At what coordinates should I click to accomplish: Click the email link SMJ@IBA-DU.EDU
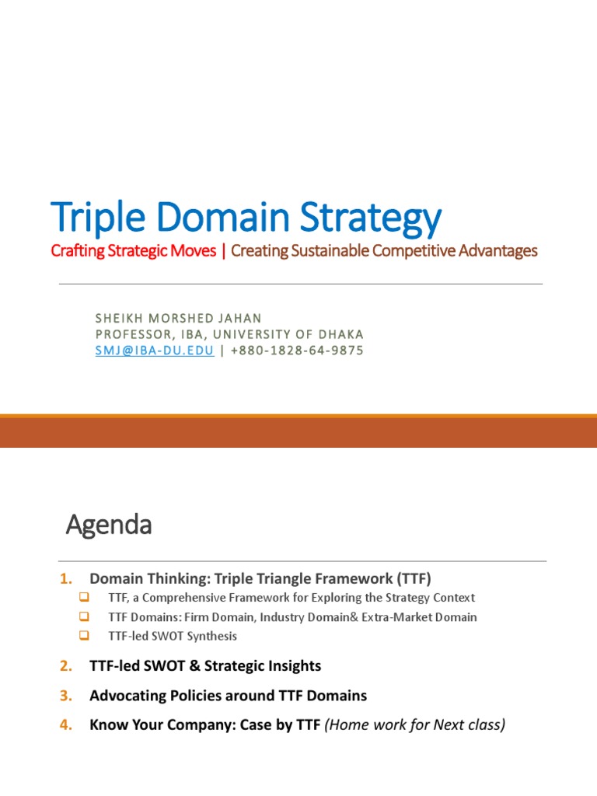coord(155,351)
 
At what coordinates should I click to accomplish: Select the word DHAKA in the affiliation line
coord(340,334)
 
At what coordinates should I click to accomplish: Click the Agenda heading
coord(108,525)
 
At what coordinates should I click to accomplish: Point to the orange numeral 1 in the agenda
coord(65,578)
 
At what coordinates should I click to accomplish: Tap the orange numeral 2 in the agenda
coord(65,666)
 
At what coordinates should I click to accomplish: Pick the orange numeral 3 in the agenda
coord(65,696)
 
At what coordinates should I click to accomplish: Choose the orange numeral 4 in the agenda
coord(65,725)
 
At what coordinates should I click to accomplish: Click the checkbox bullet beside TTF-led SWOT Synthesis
coord(85,636)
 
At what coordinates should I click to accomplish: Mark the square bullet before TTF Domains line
coord(85,617)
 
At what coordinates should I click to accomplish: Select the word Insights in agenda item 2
coord(293,666)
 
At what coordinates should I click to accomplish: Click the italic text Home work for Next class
coord(415,725)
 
